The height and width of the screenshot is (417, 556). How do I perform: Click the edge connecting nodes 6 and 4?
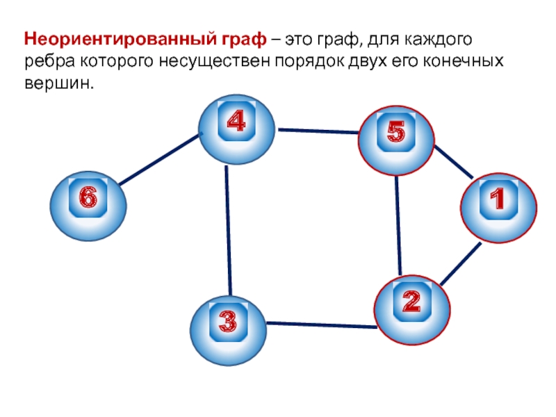coord(159,161)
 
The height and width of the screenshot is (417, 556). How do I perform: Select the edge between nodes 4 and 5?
coord(318,131)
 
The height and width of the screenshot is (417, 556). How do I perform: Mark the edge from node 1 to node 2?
coord(459,264)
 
